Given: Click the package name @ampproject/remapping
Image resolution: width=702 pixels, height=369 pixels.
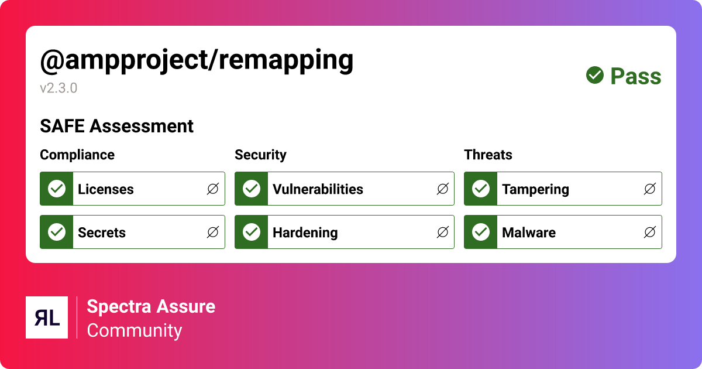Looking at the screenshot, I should click(x=197, y=60).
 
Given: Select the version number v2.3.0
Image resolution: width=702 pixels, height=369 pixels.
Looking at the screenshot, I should click(x=58, y=88).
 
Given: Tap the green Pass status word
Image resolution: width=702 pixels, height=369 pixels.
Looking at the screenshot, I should click(x=636, y=76).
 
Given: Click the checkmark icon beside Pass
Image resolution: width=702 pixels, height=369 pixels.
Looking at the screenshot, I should click(x=595, y=75).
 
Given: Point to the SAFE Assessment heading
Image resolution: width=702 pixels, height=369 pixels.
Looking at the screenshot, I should click(x=116, y=126).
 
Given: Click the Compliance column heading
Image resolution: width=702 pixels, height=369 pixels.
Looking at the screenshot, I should click(x=77, y=155).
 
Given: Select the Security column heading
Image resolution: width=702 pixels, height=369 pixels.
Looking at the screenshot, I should click(x=260, y=155).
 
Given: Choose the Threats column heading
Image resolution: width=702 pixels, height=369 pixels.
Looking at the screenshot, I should click(x=488, y=155).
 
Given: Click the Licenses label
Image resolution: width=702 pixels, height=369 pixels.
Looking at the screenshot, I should click(x=106, y=189).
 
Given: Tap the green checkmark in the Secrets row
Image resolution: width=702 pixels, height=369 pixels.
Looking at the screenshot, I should click(x=57, y=232).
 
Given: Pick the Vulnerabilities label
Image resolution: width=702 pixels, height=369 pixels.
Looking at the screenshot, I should click(x=318, y=189).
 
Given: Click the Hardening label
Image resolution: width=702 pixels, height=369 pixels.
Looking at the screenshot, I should click(x=305, y=233).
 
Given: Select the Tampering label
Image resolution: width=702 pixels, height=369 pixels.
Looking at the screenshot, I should click(x=535, y=189).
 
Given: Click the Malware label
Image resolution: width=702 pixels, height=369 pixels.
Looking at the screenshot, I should click(x=529, y=233).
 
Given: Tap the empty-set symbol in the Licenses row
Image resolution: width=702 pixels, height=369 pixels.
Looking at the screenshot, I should click(x=213, y=189).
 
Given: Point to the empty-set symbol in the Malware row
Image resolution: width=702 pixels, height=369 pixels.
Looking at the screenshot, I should click(x=649, y=232).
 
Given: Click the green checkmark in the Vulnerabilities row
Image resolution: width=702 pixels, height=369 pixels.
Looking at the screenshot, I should click(x=252, y=189).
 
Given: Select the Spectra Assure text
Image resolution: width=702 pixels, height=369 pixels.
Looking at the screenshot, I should click(x=151, y=306).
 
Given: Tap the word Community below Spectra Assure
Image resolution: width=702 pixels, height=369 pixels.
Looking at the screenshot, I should click(x=135, y=330).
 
